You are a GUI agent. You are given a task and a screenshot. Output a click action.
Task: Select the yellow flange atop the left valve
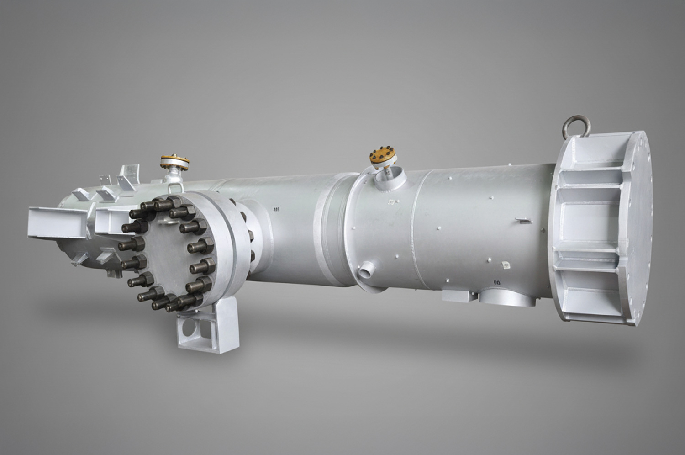click(174, 161)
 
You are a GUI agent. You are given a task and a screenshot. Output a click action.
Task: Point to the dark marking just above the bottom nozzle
click(496, 282)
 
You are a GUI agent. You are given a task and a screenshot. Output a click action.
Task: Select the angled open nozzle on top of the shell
click(387, 179)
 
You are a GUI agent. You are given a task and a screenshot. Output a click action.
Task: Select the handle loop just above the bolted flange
click(174, 187)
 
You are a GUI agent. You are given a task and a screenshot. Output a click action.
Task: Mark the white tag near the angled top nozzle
click(391, 201)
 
